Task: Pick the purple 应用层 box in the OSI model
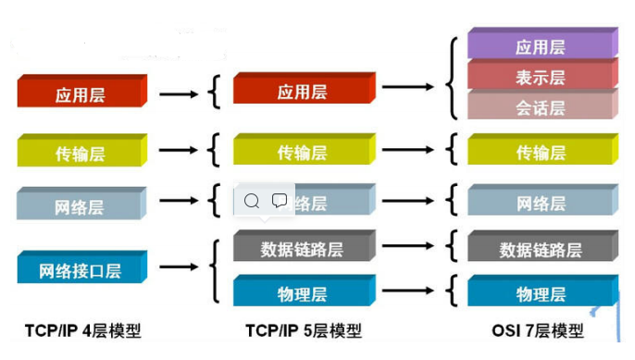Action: (x=541, y=45)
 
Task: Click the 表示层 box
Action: (x=541, y=77)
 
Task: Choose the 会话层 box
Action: (x=541, y=106)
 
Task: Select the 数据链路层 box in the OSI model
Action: (x=541, y=248)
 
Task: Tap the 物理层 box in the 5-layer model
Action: (x=302, y=293)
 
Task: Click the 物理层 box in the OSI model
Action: (x=541, y=293)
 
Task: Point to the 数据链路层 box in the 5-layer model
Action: (x=302, y=248)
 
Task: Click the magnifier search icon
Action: (x=252, y=200)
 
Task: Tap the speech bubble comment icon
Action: (x=280, y=200)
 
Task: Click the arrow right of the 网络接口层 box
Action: (x=180, y=268)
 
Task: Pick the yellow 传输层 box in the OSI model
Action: (x=541, y=152)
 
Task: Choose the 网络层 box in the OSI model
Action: (x=541, y=204)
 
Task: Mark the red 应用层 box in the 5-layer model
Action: (x=302, y=92)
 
